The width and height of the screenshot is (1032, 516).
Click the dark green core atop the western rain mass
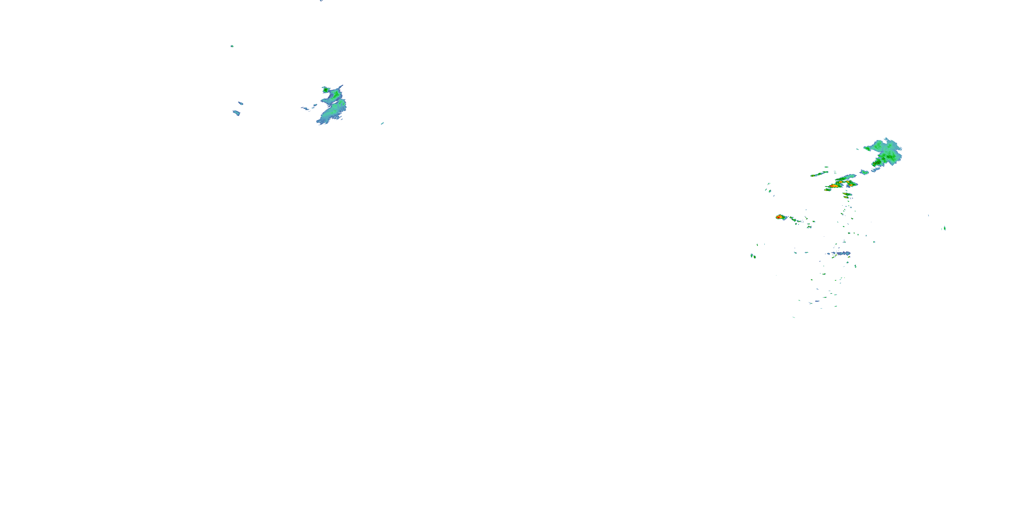coord(326,90)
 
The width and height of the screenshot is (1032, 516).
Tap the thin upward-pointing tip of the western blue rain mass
coord(341,86)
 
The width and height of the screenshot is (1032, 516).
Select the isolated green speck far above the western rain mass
coord(232,46)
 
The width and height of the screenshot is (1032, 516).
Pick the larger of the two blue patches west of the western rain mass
coord(236,113)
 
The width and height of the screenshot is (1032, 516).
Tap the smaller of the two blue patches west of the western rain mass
coord(240,103)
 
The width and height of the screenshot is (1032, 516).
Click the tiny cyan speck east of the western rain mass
coord(382,123)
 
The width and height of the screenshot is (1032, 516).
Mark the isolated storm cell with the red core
coord(779,217)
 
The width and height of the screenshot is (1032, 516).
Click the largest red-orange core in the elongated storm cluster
coord(835,186)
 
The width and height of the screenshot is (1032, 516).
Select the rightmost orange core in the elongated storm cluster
coord(850,185)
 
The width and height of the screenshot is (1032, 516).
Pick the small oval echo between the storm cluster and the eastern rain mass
coord(864,172)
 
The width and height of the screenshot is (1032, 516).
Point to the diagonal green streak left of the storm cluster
coord(819,174)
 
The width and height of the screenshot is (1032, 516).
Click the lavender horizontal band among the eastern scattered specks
coord(841,253)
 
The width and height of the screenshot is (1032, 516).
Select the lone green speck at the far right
coord(945,228)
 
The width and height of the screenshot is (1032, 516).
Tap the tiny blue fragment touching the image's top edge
coord(321,1)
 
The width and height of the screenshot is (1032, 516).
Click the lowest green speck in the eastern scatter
coord(794,317)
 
